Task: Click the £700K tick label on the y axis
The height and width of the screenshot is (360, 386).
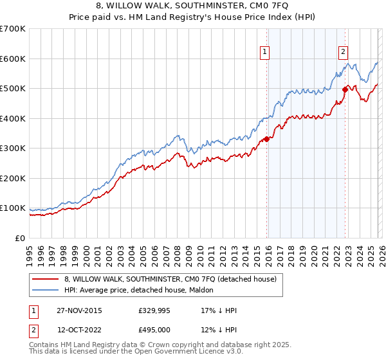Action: [x=13, y=29]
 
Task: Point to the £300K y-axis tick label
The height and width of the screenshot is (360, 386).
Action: [x=13, y=148]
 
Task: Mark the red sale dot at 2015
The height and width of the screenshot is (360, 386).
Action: [x=266, y=139]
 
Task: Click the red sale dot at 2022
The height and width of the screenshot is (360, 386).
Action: [x=345, y=90]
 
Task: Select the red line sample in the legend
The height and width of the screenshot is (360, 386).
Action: [x=45, y=279]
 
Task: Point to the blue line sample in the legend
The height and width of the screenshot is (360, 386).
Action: [x=45, y=289]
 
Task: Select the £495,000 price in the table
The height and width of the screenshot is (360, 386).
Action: [x=154, y=330]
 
